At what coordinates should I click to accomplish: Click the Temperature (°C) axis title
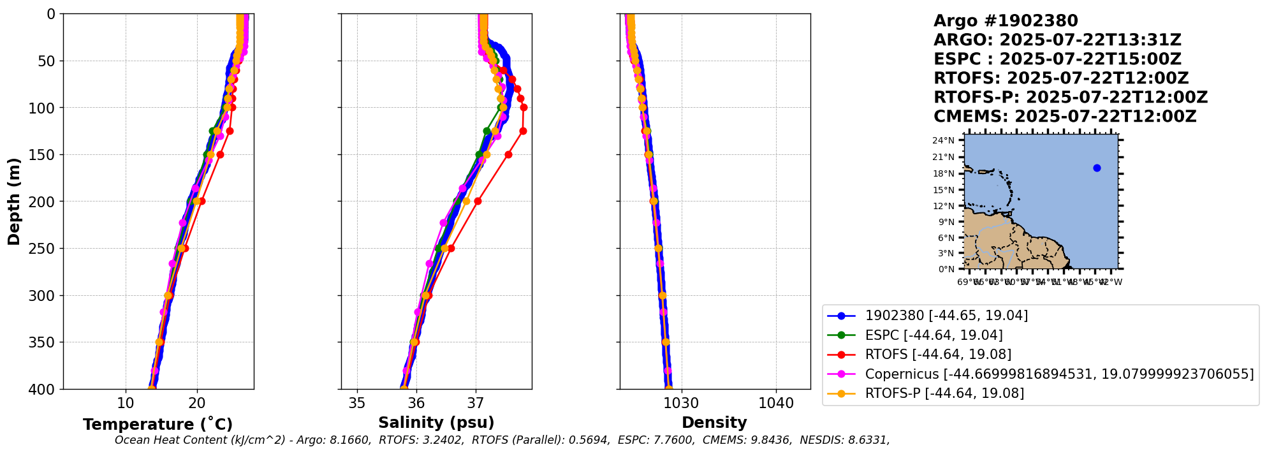click(x=157, y=424)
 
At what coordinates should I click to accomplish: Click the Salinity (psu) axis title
click(x=436, y=423)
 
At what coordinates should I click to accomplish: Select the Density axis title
click(x=714, y=423)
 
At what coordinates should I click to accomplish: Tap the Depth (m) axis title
click(x=14, y=201)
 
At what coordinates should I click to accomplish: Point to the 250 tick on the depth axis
click(x=43, y=249)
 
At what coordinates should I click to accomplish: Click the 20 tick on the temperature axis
click(x=197, y=403)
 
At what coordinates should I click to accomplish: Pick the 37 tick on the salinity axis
click(x=476, y=403)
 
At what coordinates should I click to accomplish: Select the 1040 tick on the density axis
click(x=776, y=403)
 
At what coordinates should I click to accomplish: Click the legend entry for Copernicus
click(x=1058, y=374)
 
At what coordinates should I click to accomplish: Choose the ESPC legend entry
click(x=934, y=335)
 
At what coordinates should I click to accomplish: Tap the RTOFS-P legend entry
click(x=944, y=393)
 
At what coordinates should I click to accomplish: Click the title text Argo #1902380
click(x=1006, y=21)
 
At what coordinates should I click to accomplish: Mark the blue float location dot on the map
click(x=1097, y=168)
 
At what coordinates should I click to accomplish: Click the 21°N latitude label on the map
click(x=943, y=157)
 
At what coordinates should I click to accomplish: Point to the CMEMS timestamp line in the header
click(x=1065, y=117)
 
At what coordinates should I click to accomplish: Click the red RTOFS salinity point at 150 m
click(x=508, y=154)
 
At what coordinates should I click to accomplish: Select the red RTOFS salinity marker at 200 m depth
click(x=478, y=201)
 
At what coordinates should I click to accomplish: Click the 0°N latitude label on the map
click(x=946, y=269)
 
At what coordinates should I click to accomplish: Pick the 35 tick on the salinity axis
click(x=357, y=403)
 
